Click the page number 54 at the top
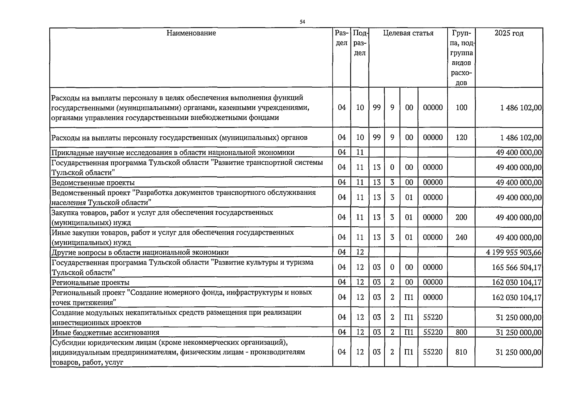coord(302,22)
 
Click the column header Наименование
coord(191,33)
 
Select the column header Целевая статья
coord(408,33)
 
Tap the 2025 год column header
coord(509,33)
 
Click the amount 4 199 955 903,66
coord(514,253)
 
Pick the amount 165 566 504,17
coord(516,268)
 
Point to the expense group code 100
coord(461,108)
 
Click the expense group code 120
coord(461,138)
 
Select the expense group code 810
coord(461,352)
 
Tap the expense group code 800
coord(461,332)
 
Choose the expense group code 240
coord(461,238)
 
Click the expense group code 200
coord(461,217)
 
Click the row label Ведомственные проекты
coord(93,183)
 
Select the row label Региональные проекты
coord(91,283)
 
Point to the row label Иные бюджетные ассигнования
coord(106,332)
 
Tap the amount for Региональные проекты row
coord(516,283)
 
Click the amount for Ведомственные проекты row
coord(518,183)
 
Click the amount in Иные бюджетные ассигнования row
coord(518,332)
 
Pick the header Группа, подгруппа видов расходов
coord(461,58)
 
